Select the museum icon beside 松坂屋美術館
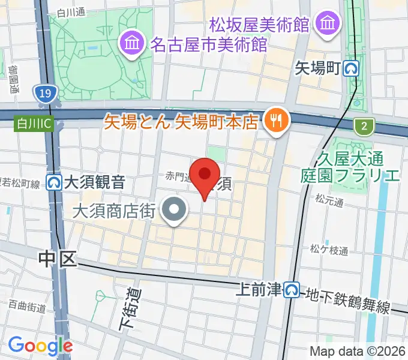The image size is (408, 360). pyautogui.click(x=328, y=25)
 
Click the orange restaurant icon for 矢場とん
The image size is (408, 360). pyautogui.click(x=276, y=121)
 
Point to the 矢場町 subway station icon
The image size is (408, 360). pyautogui.click(x=352, y=68)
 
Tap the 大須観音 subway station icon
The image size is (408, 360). pyautogui.click(x=55, y=181)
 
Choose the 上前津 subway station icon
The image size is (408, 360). pyautogui.click(x=292, y=290)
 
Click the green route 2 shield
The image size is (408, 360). pyautogui.click(x=363, y=126)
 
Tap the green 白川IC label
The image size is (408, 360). pyautogui.click(x=34, y=124)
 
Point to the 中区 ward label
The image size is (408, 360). pyautogui.click(x=58, y=259)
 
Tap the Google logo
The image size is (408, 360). pyautogui.click(x=40, y=346)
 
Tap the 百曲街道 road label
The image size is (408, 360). pyautogui.click(x=28, y=307)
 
